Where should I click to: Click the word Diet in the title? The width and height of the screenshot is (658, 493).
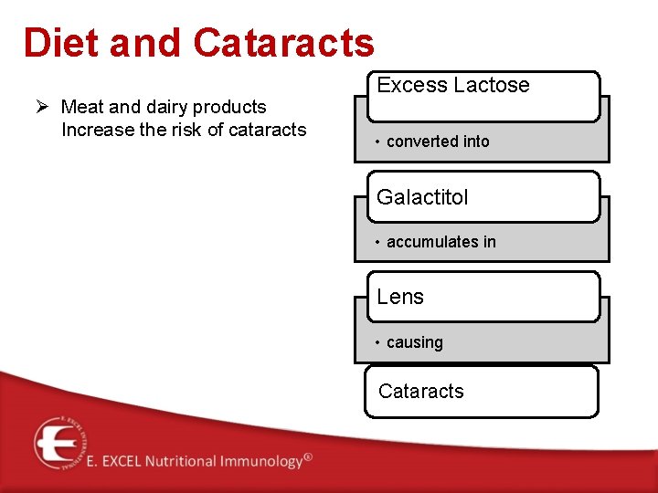tap(59, 43)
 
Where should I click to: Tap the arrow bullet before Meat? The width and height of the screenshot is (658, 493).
tap(42, 108)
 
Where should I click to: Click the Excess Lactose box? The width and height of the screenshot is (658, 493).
tap(483, 96)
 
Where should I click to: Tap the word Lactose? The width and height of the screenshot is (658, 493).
tap(493, 85)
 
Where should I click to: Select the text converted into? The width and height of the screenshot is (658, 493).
tap(438, 142)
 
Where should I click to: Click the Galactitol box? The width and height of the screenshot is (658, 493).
tap(483, 196)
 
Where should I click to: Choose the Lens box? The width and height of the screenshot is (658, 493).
tap(483, 297)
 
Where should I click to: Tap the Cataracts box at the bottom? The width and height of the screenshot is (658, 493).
tap(481, 392)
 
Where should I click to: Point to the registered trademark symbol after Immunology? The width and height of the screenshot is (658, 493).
tap(308, 456)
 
